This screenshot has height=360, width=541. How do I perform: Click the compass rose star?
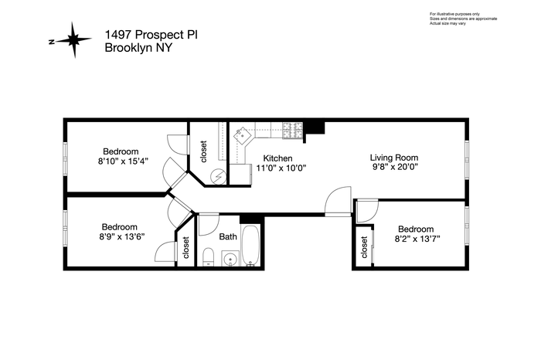(74, 40)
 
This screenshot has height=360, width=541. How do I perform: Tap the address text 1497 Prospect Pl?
(151, 35)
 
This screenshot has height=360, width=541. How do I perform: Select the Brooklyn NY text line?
(138, 48)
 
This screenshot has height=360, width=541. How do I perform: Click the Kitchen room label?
(277, 158)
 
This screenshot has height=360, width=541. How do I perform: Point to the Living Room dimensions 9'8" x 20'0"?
(393, 167)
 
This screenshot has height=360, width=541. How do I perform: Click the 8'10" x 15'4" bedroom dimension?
(123, 161)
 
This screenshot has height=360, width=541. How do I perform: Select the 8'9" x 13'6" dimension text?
(120, 236)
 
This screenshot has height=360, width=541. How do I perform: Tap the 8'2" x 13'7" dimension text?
(417, 239)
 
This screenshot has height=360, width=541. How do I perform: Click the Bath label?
(228, 236)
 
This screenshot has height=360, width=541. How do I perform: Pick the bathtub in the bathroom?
(251, 245)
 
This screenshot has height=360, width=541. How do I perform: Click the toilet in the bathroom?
(208, 257)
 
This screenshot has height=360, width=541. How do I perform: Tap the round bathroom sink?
(230, 259)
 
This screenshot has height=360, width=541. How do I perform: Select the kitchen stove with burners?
(293, 131)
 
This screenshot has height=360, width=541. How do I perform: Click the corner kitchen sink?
(243, 135)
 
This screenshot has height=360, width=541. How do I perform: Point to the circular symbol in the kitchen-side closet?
(219, 176)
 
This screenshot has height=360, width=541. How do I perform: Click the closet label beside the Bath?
(186, 247)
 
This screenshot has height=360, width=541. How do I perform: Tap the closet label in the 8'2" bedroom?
(364, 247)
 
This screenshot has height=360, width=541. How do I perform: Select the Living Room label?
(394, 158)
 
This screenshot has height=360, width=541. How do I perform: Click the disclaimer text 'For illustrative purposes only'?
(454, 14)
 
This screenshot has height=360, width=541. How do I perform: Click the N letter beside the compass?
(52, 42)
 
